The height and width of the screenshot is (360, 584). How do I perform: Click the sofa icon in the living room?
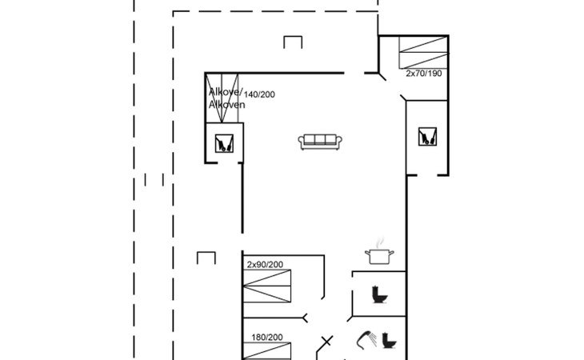click(320, 142)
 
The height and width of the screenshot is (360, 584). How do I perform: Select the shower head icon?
click(366, 340)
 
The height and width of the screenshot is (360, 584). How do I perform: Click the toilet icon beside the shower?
click(390, 340)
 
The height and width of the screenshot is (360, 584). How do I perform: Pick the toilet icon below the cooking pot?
click(379, 294)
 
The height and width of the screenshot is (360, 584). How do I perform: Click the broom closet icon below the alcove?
click(224, 143)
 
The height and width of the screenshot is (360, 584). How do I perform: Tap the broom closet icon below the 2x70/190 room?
click(427, 136)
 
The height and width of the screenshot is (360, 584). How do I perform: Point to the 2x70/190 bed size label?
click(424, 74)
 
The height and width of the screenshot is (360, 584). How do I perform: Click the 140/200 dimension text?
click(259, 94)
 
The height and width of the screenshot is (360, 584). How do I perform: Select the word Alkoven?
click(227, 105)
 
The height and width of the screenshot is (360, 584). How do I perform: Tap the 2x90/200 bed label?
click(265, 265)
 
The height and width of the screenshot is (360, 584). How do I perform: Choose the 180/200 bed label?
click(266, 338)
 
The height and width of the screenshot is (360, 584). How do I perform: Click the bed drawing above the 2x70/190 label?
click(423, 53)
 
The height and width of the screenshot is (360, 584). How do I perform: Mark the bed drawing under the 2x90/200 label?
click(266, 286)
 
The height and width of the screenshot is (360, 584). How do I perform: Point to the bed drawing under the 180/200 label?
click(266, 351)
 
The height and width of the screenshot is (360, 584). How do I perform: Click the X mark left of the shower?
click(326, 341)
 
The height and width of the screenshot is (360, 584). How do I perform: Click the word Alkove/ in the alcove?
click(226, 91)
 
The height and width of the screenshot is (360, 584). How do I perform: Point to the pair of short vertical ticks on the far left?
click(154, 180)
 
